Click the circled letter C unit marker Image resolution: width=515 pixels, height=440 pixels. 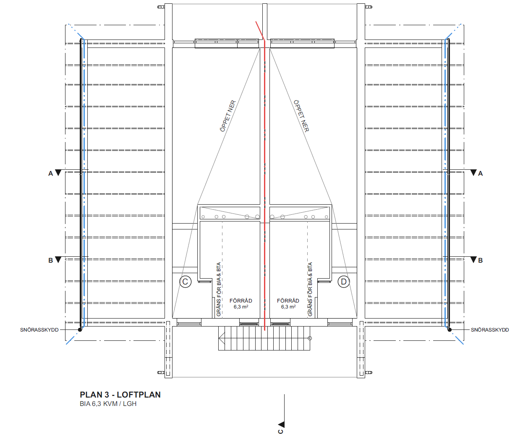point(186,282)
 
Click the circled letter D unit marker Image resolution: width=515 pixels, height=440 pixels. point(344,282)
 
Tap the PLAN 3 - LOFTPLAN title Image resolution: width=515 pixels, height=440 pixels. point(120,395)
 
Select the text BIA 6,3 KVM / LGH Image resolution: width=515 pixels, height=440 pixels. point(108,403)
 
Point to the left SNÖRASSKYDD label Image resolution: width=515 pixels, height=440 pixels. point(39,330)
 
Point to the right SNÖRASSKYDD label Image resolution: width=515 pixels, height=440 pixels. point(489,330)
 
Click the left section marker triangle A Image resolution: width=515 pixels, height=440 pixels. point(58,173)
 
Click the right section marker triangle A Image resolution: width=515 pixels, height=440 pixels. point(473,173)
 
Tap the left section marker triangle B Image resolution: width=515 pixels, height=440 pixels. point(58,260)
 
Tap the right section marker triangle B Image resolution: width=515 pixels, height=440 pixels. point(473,260)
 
